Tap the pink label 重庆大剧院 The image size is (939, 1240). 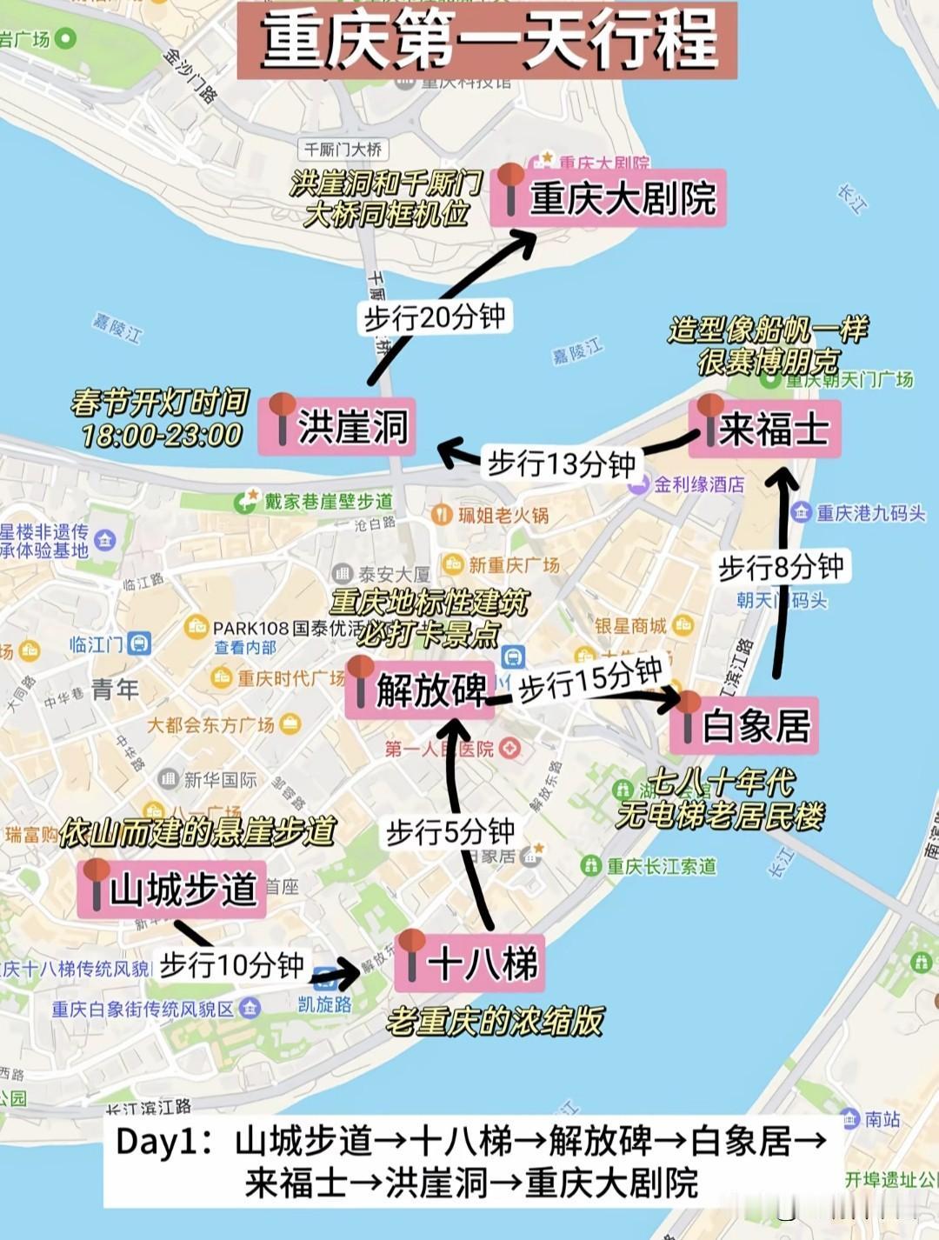609,198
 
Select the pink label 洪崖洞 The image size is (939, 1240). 337,426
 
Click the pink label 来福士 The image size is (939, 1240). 766,428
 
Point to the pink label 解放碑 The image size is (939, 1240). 420,690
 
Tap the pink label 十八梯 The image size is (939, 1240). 469,963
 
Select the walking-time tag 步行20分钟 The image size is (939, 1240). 434,317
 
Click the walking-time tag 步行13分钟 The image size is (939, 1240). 562,463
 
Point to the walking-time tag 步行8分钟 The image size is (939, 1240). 781,567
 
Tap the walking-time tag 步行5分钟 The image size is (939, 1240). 450,832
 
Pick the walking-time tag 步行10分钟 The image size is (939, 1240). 231,964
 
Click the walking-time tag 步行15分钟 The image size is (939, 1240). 591,678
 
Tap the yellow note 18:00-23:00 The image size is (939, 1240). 162,435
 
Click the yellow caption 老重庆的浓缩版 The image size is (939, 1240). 495,1021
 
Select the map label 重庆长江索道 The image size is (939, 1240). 661,866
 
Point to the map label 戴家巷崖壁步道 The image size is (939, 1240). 328,501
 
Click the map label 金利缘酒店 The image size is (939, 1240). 698,485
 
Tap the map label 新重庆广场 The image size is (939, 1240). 513,565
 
